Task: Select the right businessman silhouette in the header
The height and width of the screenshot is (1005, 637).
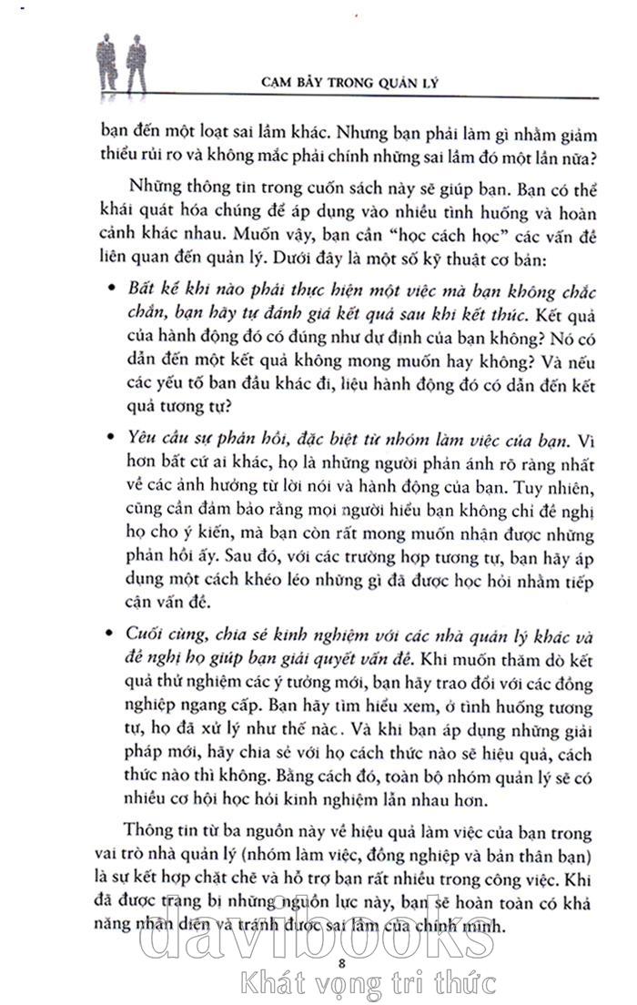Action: click(x=136, y=67)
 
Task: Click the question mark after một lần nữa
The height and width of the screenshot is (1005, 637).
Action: click(x=591, y=155)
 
